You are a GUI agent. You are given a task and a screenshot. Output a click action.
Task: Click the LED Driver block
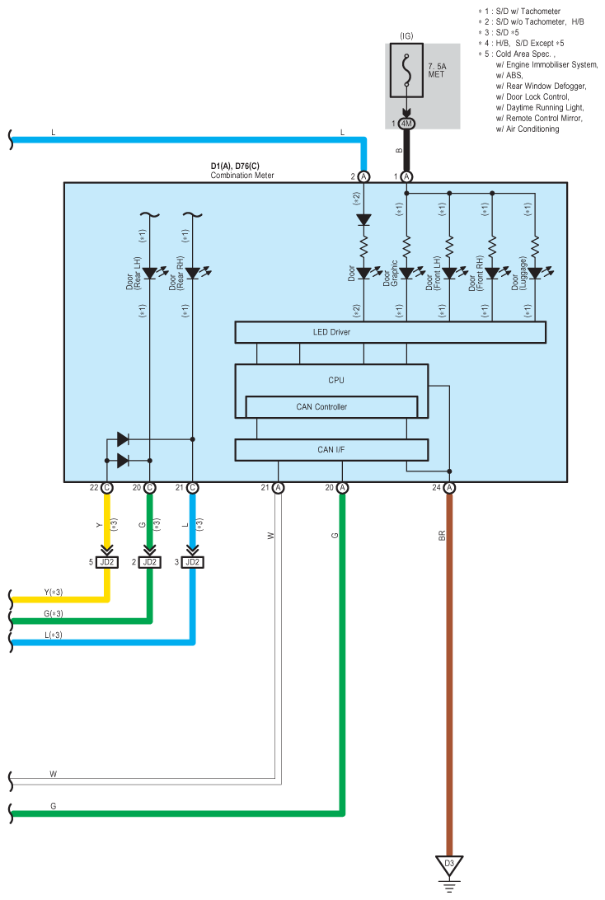tap(391, 332)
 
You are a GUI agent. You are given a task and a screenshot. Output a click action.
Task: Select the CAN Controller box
tap(331, 407)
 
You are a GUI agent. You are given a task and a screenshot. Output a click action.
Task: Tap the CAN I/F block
tap(331, 450)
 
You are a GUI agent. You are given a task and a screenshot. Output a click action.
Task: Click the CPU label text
tap(336, 380)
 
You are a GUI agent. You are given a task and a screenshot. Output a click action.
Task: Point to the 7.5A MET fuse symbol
tap(406, 70)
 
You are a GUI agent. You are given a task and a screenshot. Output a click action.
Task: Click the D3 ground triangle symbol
tap(449, 865)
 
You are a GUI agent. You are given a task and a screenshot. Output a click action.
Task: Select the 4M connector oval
tap(406, 124)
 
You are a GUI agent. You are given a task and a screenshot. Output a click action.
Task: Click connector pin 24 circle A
tap(449, 488)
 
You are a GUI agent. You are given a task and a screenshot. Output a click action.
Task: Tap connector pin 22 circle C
tap(107, 488)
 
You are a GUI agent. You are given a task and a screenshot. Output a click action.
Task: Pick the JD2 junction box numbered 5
tap(107, 562)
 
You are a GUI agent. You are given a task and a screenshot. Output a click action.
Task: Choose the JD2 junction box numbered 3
tap(192, 562)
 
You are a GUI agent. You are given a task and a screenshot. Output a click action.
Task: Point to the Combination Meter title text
tap(242, 175)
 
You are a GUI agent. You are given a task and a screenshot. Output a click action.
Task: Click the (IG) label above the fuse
tap(406, 36)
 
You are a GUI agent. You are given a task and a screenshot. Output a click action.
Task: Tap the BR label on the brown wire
tap(442, 536)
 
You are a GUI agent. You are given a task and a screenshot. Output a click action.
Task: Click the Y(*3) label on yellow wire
tap(54, 593)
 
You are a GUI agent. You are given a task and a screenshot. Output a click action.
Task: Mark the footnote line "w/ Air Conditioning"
tap(528, 129)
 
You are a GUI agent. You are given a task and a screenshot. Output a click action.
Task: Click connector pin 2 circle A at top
tap(363, 176)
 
